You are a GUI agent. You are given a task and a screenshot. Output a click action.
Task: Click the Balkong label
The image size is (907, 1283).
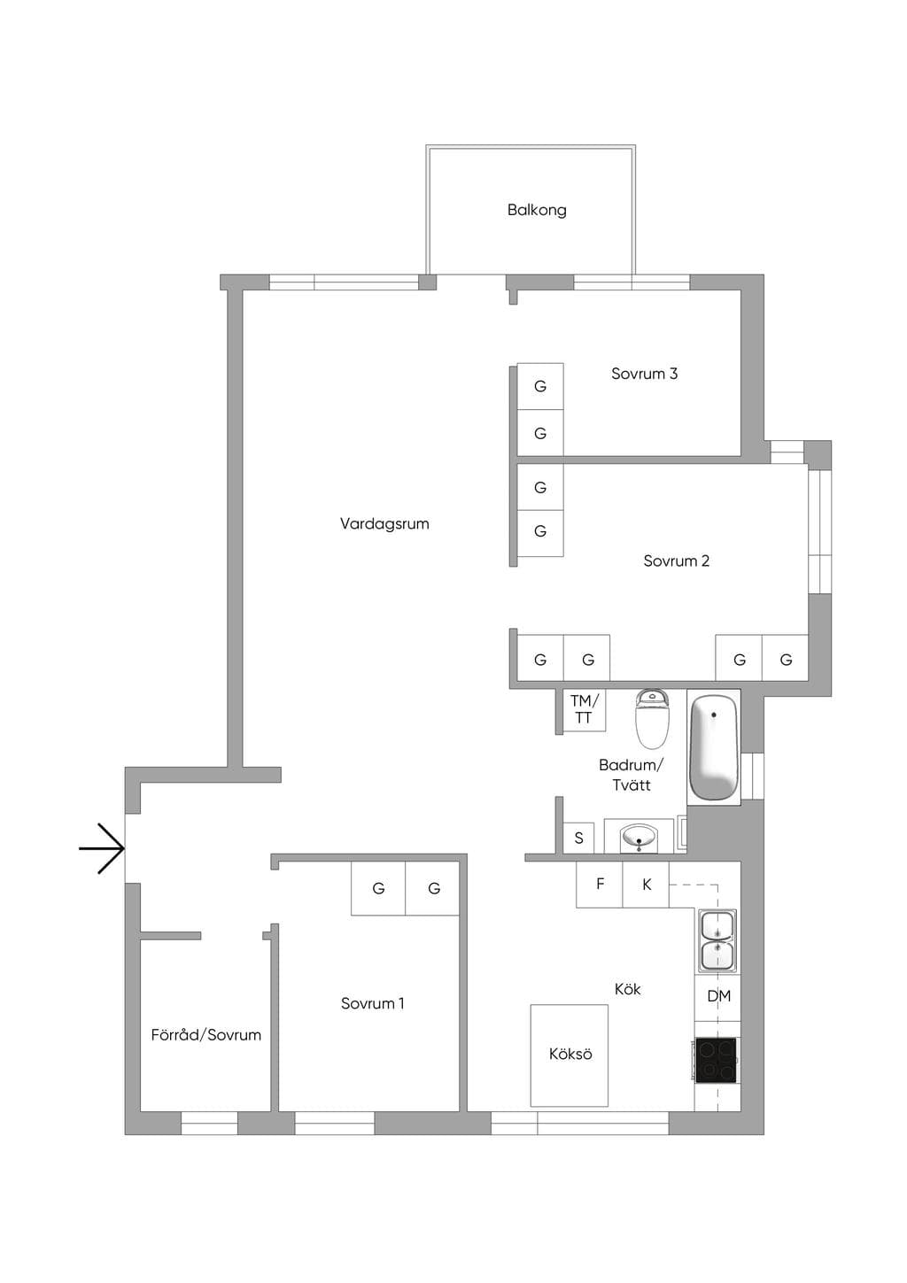pyautogui.click(x=536, y=210)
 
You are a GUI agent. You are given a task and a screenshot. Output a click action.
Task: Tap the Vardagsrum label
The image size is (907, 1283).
pyautogui.click(x=384, y=523)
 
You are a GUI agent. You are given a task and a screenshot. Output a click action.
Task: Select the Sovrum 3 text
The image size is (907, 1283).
pyautogui.click(x=644, y=374)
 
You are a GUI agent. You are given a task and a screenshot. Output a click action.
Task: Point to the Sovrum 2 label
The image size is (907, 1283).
pyautogui.click(x=676, y=560)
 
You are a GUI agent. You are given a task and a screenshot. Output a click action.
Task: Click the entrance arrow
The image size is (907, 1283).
pyautogui.click(x=101, y=848)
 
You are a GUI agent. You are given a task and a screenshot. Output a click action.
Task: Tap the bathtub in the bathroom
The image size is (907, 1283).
pyautogui.click(x=713, y=747)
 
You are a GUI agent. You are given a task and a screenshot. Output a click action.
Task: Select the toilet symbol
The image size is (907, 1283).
pyautogui.click(x=652, y=719)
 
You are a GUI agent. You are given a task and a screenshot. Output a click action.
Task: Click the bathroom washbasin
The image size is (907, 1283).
pyautogui.click(x=639, y=837)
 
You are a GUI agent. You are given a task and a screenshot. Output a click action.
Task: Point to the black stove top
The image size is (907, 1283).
pyautogui.click(x=716, y=1061)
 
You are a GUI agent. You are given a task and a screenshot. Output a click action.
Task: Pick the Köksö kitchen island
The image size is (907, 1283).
pyautogui.click(x=569, y=1055)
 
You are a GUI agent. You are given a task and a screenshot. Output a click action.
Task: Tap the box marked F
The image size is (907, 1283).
pyautogui.click(x=600, y=885)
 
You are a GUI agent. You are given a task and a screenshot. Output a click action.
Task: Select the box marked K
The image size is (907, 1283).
pyautogui.click(x=646, y=885)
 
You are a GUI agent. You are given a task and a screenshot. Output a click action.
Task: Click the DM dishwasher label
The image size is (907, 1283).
pyautogui.click(x=718, y=996)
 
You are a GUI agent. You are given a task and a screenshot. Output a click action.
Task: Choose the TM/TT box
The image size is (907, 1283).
pyautogui.click(x=584, y=710)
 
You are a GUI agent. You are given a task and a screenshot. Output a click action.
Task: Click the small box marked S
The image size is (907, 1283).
pyautogui.click(x=578, y=838)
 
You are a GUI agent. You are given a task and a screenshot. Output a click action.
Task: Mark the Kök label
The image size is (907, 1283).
pyautogui.click(x=627, y=989)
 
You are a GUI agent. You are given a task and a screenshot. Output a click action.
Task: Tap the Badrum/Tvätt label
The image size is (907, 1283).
pyautogui.click(x=631, y=775)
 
